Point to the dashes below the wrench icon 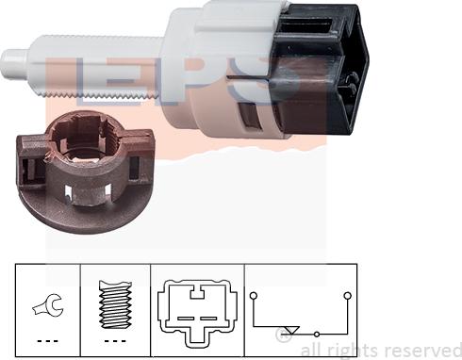point(45,340)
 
